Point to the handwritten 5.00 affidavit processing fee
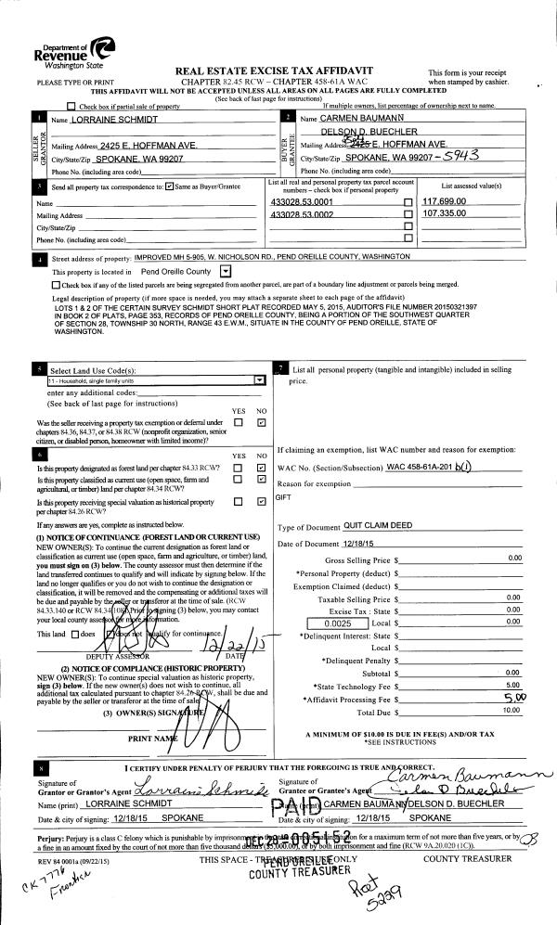pos(510,696)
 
